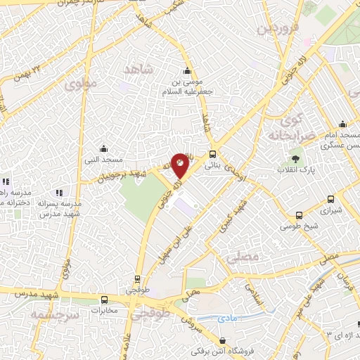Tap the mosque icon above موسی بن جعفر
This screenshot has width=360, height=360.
[187, 70]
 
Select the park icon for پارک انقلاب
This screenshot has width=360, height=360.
[295, 157]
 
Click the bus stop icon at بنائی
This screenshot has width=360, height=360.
[213, 156]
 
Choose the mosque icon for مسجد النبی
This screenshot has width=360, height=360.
[104, 148]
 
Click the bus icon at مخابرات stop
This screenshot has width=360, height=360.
[105, 299]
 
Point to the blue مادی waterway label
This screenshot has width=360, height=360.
[228, 319]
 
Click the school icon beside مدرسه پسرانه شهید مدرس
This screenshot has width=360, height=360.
[59, 192]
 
